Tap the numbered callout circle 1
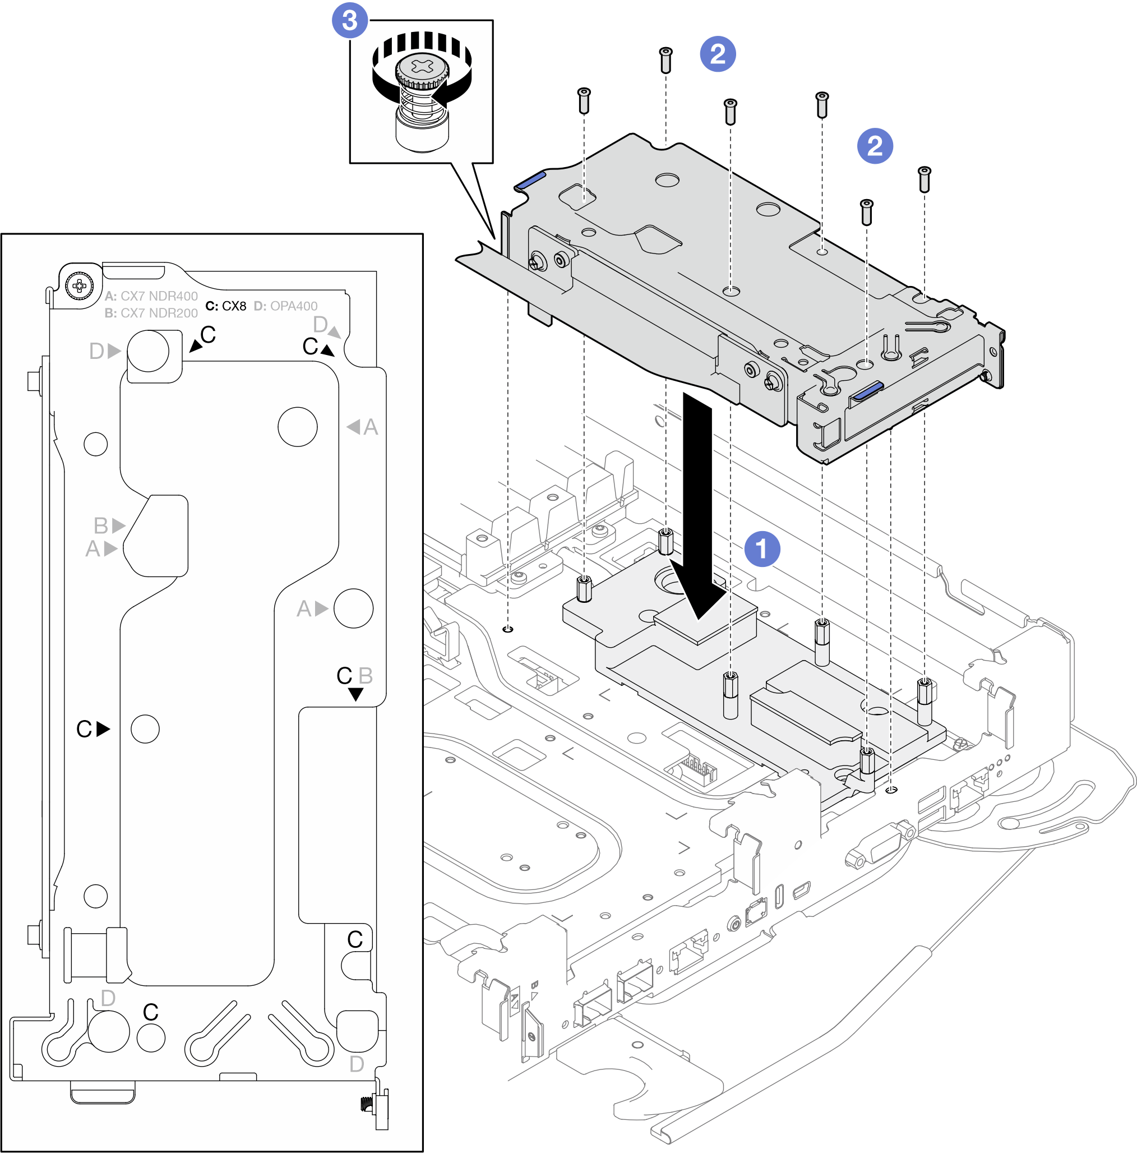tap(762, 548)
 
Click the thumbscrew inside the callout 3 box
tap(422, 95)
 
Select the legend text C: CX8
tap(225, 306)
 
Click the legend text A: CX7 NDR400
tap(151, 296)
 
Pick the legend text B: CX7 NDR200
tap(151, 313)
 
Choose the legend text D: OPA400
tap(286, 306)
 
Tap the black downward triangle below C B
tap(355, 694)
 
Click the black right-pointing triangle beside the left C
tap(103, 728)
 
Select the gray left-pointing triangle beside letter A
tap(354, 427)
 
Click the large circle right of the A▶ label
tap(353, 608)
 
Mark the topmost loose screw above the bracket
tap(665, 59)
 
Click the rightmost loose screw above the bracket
tap(924, 178)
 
